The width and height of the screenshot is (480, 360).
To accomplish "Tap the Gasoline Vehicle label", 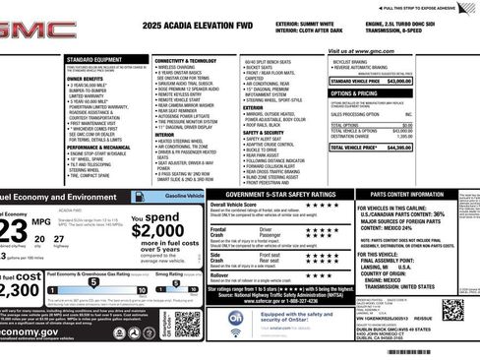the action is point(184,198).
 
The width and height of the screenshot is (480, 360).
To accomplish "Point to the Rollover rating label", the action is point(221,274).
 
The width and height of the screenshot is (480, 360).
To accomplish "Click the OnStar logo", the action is point(237,320).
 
